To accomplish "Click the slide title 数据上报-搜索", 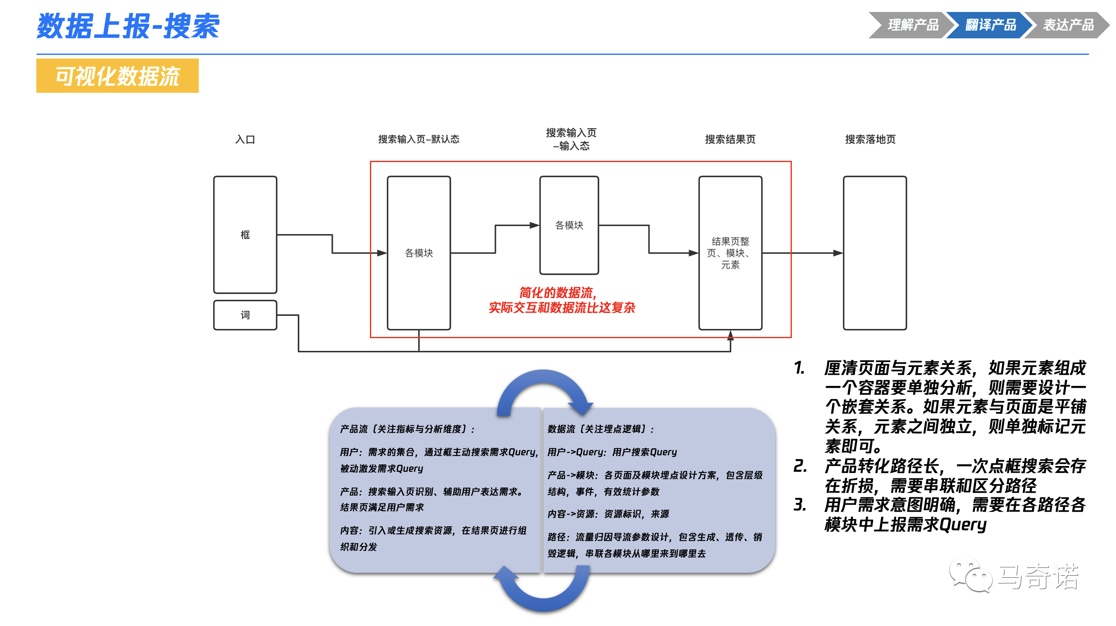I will tap(128, 26).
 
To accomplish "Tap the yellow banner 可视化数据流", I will tap(118, 76).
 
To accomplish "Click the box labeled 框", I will tap(245, 234).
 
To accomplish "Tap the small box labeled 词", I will tap(245, 315).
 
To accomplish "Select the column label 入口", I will tap(245, 139).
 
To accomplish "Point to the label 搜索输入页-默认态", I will tap(419, 139).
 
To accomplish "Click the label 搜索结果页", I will tap(730, 139).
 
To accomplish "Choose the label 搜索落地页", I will tap(870, 139).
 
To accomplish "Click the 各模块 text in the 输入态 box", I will tap(569, 225).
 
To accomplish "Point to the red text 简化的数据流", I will tap(558, 292).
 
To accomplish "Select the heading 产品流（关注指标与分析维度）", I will tap(407, 429).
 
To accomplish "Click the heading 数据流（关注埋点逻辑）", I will tap(600, 429).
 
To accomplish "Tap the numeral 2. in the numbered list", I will tap(800, 466).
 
